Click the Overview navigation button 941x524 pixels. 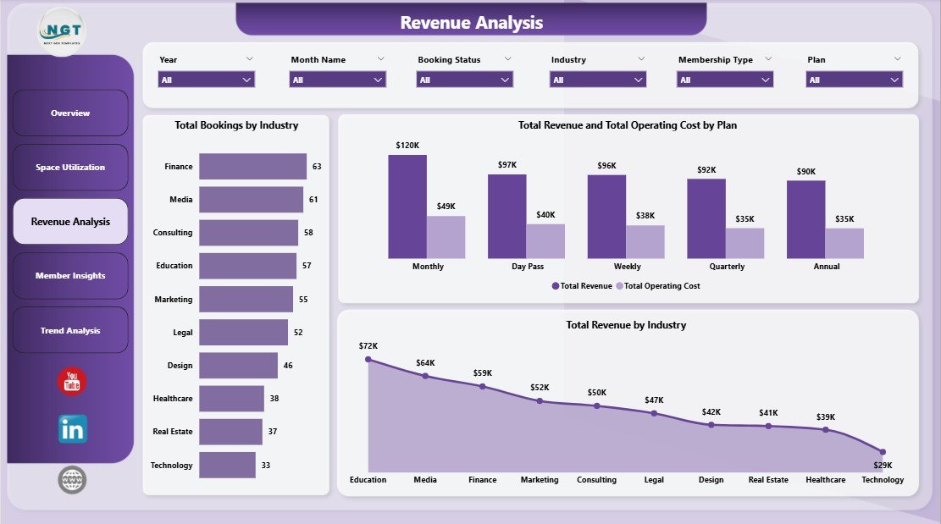(70, 113)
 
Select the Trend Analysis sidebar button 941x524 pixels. (70, 330)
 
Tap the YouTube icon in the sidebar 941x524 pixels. (72, 382)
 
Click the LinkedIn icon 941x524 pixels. (72, 429)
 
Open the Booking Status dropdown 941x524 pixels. (464, 80)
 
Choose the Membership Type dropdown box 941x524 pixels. (725, 80)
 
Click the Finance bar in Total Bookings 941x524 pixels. (252, 167)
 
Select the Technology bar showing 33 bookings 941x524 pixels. (227, 465)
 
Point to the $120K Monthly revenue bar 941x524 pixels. (407, 206)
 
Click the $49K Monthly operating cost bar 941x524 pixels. (446, 237)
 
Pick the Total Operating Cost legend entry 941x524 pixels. (657, 286)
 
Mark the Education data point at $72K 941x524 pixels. (368, 359)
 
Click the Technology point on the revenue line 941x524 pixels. (883, 452)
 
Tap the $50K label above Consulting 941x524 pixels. (597, 392)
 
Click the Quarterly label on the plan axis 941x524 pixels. (727, 267)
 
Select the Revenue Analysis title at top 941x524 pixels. (471, 23)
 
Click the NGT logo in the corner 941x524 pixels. (61, 31)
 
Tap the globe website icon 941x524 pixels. (72, 480)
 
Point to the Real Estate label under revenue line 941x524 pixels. (768, 480)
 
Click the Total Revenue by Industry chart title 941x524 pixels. (626, 325)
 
